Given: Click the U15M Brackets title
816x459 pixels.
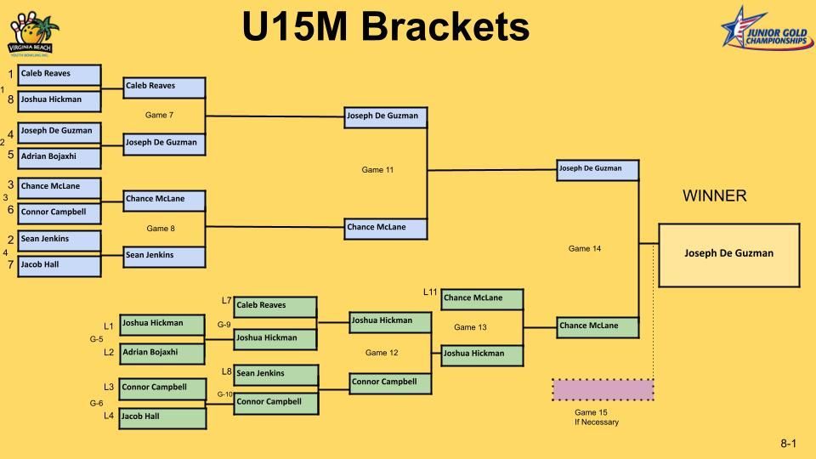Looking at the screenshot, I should [x=386, y=26].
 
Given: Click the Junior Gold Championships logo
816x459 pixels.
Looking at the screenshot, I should [x=766, y=28].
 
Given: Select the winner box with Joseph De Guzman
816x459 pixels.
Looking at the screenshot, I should [x=729, y=253].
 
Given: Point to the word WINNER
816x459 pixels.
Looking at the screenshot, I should [x=714, y=196].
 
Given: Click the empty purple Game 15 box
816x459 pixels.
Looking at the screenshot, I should [x=603, y=390].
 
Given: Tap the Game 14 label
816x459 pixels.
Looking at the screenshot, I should [x=585, y=249].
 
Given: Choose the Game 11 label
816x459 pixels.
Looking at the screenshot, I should [x=377, y=170].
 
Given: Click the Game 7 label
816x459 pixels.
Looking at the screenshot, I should [x=160, y=115].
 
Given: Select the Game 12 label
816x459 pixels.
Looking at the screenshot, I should [x=382, y=353].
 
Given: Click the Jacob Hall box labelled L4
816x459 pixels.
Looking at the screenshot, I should [x=161, y=417].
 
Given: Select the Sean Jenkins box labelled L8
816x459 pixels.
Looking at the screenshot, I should [x=275, y=374].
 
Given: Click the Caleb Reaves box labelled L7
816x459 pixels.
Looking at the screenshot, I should [x=275, y=306].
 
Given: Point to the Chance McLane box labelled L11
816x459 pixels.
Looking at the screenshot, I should [x=481, y=299].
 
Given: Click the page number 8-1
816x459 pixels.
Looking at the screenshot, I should [x=788, y=444].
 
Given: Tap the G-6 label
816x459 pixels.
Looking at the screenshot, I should [x=97, y=404].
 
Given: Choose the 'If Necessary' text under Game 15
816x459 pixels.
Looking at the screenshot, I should [x=597, y=422].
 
